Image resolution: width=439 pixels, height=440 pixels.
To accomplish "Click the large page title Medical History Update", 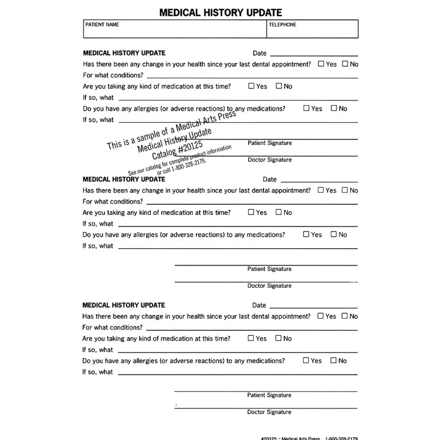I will (x=220, y=12).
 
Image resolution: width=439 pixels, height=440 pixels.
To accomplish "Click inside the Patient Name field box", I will (x=175, y=29).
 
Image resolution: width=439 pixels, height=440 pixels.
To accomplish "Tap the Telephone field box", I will (x=312, y=29).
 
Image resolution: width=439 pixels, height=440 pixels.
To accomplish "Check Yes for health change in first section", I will (x=321, y=64).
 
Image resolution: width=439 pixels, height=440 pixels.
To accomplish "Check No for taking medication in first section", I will (x=279, y=86).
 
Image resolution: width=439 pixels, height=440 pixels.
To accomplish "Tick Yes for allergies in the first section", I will (x=306, y=108).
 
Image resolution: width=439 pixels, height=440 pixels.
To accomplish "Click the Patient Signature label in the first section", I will (x=270, y=143).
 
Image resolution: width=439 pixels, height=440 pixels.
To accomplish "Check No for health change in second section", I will (x=345, y=190).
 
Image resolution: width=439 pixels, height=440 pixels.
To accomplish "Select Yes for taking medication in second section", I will (x=251, y=212).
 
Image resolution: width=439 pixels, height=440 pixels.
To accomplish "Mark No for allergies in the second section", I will (x=334, y=234).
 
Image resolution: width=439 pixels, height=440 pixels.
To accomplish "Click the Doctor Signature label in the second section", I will (x=269, y=286).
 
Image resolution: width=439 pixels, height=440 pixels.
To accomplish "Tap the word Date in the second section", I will (x=270, y=179).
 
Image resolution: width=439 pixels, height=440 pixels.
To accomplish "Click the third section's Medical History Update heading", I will (x=124, y=305).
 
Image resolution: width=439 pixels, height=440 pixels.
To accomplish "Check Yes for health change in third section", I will (x=320, y=316).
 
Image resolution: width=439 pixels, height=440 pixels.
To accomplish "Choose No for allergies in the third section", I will (x=334, y=361).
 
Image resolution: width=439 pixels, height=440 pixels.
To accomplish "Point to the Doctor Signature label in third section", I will (x=269, y=412).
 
